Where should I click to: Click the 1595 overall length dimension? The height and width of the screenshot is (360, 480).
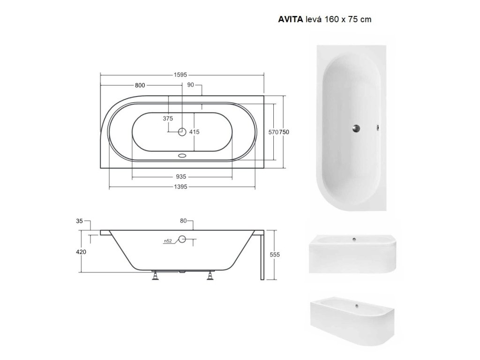[180, 75]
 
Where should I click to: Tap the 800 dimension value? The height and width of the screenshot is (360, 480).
[140, 85]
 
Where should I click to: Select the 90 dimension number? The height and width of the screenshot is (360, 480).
[190, 85]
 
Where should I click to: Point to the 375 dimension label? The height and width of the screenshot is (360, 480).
[168, 119]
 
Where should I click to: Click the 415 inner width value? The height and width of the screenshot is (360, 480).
[194, 132]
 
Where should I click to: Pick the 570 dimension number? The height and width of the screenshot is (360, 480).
[273, 132]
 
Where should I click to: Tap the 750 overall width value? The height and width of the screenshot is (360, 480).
[284, 132]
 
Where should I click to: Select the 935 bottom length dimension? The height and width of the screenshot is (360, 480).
[181, 177]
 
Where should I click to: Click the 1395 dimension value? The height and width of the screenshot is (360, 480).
[180, 187]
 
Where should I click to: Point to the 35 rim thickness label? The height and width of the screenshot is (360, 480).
[79, 221]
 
